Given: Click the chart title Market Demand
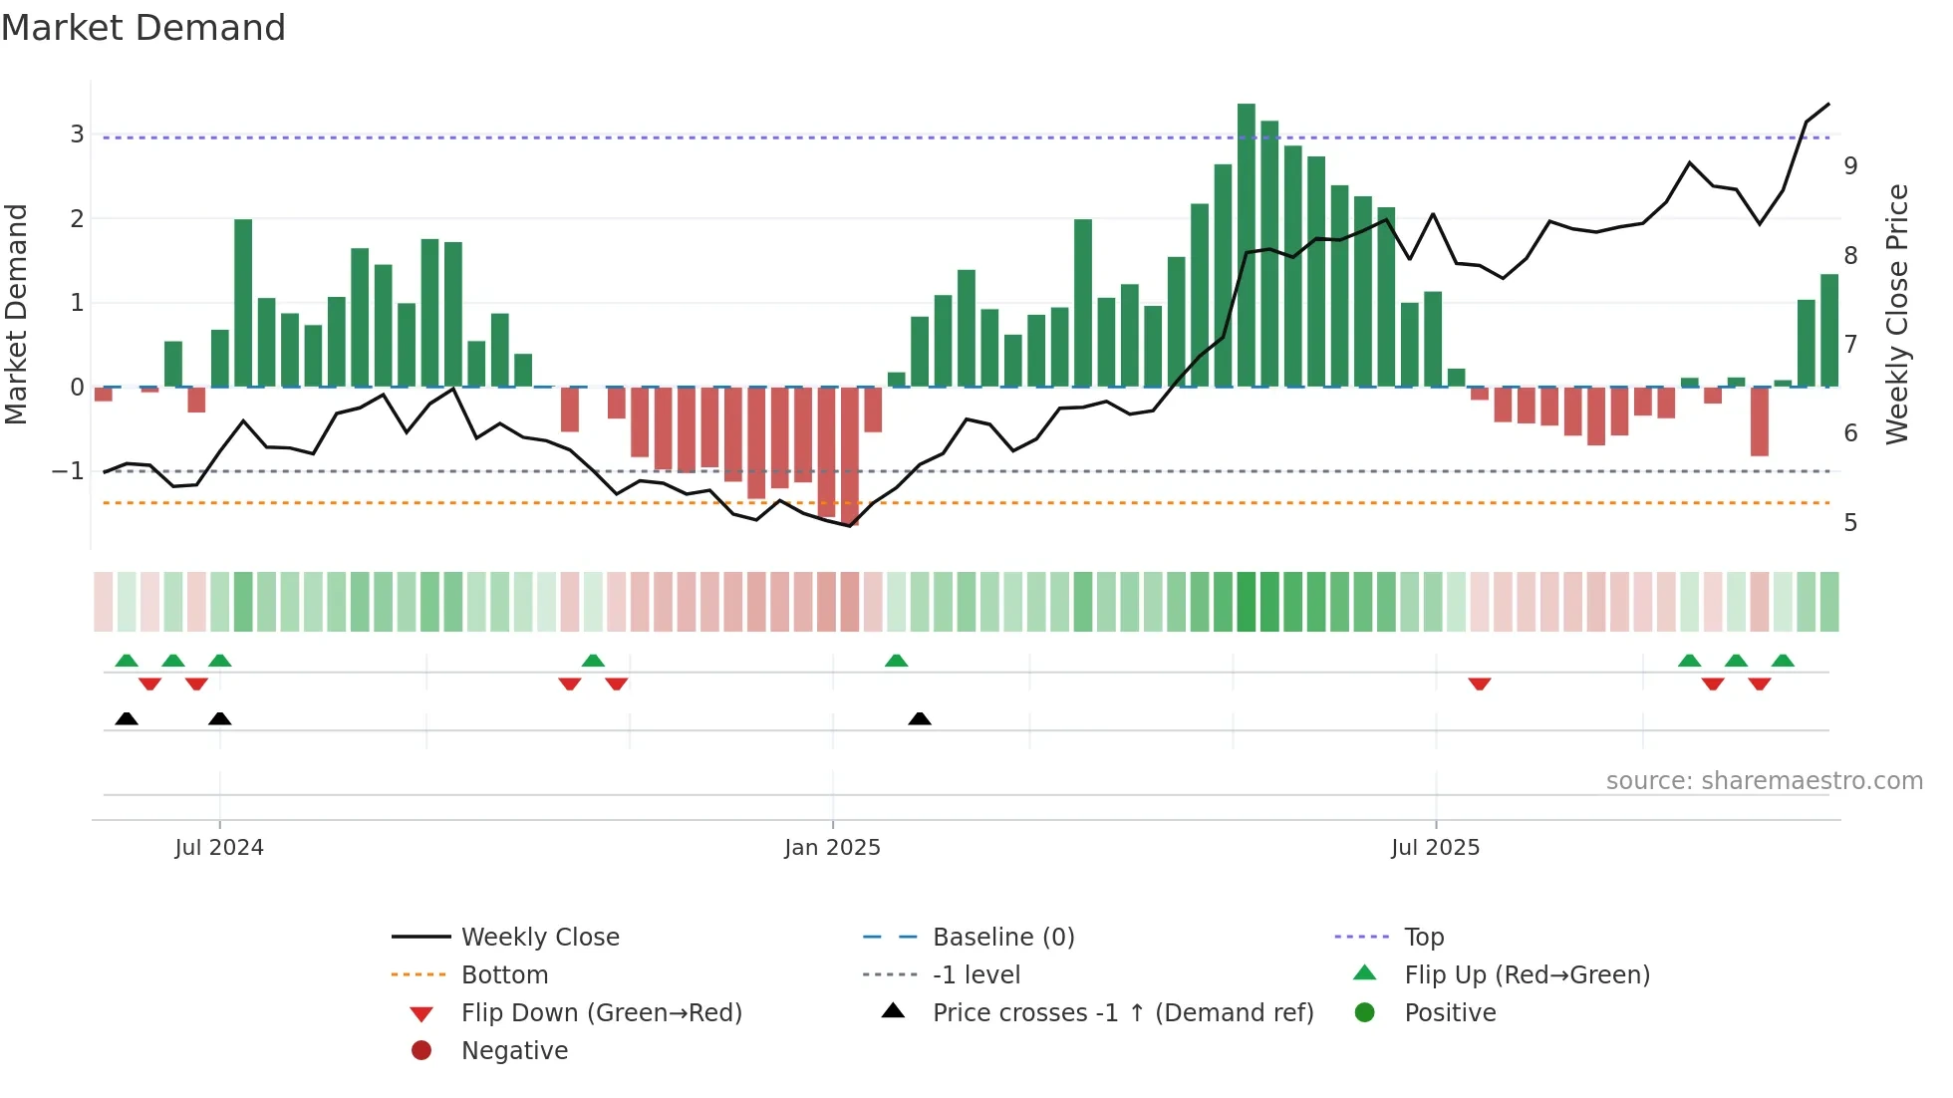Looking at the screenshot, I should click(x=143, y=28).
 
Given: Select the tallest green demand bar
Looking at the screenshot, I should click(x=1246, y=244).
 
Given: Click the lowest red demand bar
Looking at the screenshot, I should click(x=850, y=455).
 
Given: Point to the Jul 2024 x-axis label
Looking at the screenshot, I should click(x=219, y=848).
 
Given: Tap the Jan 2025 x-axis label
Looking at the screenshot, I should click(x=832, y=848).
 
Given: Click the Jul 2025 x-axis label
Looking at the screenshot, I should click(x=1435, y=848).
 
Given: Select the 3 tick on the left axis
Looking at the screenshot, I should click(x=77, y=134).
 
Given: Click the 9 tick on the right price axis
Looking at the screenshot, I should click(x=1850, y=166).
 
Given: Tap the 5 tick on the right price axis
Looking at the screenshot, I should click(x=1850, y=523).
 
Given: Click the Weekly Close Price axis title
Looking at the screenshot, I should click(x=1897, y=314).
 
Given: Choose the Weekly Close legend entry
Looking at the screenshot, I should click(x=539, y=938).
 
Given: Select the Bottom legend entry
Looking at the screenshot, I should click(x=504, y=975).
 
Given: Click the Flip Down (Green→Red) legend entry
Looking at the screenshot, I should click(x=601, y=1013).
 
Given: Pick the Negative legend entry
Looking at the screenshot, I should click(x=514, y=1051).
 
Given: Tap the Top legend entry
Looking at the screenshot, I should click(x=1424, y=938).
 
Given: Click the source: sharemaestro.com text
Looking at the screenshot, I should click(x=1764, y=781).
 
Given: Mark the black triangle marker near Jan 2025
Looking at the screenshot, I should click(x=920, y=718).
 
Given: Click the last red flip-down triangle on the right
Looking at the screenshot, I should click(x=1760, y=684).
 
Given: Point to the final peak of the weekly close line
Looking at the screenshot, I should click(x=1828, y=104).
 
